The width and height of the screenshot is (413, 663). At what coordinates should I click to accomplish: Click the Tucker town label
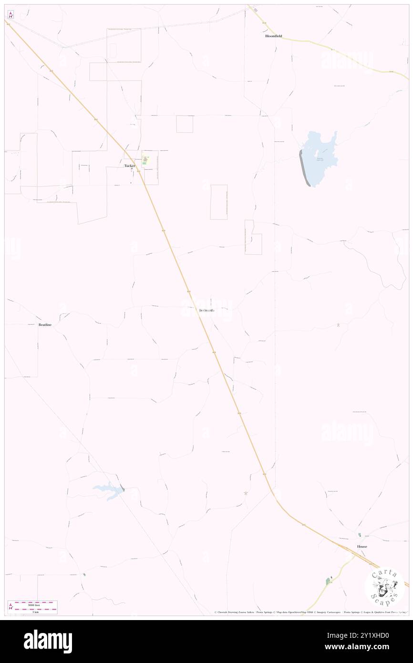(x=130, y=166)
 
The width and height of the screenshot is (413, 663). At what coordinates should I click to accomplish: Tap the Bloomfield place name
(x=274, y=36)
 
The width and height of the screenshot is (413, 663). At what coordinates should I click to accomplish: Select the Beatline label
(x=45, y=325)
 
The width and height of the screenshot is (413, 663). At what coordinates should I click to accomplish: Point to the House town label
(x=362, y=546)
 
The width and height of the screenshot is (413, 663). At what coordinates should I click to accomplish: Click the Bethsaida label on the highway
(x=206, y=311)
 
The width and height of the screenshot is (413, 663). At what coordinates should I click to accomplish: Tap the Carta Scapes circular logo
(x=384, y=586)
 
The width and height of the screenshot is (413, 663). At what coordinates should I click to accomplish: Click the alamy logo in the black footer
(x=48, y=641)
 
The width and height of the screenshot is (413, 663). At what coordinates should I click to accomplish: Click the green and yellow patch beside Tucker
(x=146, y=161)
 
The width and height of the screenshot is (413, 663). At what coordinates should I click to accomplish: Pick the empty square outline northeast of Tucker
(x=185, y=124)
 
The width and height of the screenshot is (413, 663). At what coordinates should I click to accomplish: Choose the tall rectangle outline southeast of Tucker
(x=219, y=202)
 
